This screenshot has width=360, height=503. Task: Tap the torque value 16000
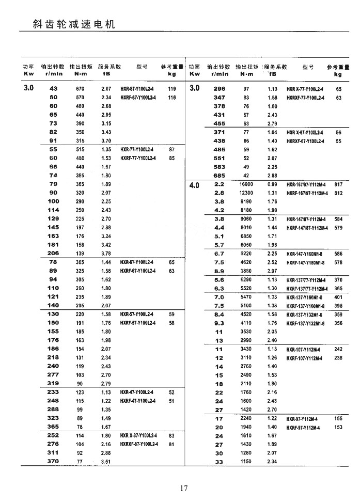pyautogui.click(x=246, y=184)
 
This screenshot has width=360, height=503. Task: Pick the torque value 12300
pyautogui.click(x=246, y=193)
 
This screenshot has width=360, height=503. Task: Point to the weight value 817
pyautogui.click(x=339, y=184)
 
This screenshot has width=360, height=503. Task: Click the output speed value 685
pyautogui.click(x=220, y=176)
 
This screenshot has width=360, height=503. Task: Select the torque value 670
pyautogui.click(x=80, y=89)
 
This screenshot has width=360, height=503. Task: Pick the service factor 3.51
pyautogui.click(x=106, y=462)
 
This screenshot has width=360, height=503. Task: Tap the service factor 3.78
pyautogui.click(x=106, y=254)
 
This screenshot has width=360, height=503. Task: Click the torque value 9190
pyautogui.click(x=246, y=201)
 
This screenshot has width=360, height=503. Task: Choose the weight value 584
pyautogui.click(x=339, y=219)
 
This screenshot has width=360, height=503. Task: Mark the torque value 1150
pyautogui.click(x=246, y=462)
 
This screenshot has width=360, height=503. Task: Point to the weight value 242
pyautogui.click(x=339, y=349)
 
